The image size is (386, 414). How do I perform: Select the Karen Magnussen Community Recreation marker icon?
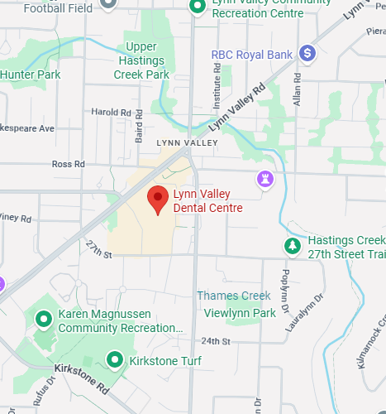point(44,317)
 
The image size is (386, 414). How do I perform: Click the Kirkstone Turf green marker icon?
point(115,360)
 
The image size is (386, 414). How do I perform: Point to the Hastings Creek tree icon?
point(292,246)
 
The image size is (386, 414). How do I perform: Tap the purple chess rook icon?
point(264,178)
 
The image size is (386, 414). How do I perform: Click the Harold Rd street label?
point(112,112)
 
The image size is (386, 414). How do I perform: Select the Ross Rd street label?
point(69,164)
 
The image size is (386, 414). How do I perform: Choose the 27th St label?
point(98,248)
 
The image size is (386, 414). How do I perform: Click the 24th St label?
point(215,341)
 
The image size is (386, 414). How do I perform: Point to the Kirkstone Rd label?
point(81,377)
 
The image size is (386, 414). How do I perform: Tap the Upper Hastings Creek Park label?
point(141,61)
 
